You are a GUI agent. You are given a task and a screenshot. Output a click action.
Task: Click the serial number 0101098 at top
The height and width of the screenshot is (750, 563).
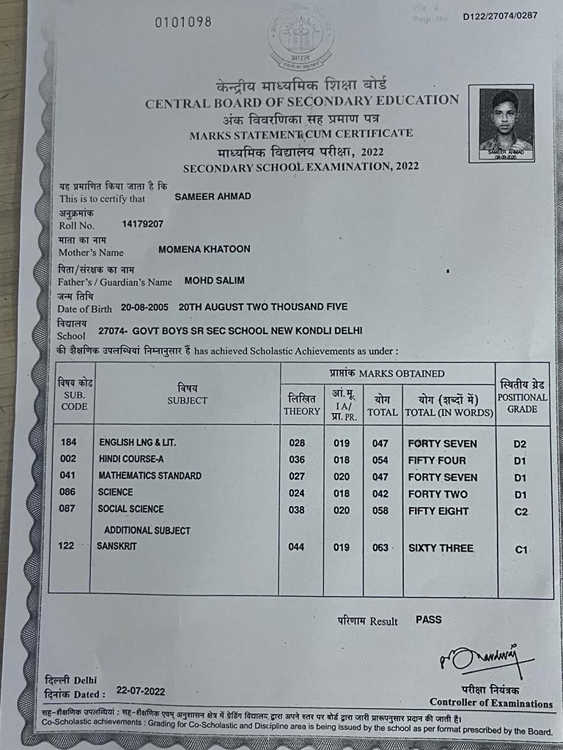(x=183, y=22)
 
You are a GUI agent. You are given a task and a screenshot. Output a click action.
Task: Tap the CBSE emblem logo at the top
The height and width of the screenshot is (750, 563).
(x=301, y=37)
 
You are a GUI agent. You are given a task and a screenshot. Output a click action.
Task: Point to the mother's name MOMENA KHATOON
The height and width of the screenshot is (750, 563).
(x=204, y=249)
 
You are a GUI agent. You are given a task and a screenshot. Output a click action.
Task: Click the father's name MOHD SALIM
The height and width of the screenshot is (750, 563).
(x=214, y=281)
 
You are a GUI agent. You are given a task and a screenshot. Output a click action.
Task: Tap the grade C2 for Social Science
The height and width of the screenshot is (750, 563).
(x=521, y=511)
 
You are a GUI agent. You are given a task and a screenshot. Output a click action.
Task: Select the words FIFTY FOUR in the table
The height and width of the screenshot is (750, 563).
(x=436, y=461)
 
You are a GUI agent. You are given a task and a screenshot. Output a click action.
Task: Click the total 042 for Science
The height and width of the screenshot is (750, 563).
(x=380, y=494)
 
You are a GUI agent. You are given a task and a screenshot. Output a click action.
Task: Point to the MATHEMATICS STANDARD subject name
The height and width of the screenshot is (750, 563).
(x=150, y=476)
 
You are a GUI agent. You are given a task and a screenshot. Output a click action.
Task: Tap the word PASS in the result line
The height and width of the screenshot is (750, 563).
(x=429, y=620)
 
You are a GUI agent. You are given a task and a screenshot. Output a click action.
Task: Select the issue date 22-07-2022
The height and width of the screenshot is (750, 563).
(x=139, y=691)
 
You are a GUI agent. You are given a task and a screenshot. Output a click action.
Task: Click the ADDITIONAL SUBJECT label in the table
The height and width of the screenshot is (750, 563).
(x=147, y=530)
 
